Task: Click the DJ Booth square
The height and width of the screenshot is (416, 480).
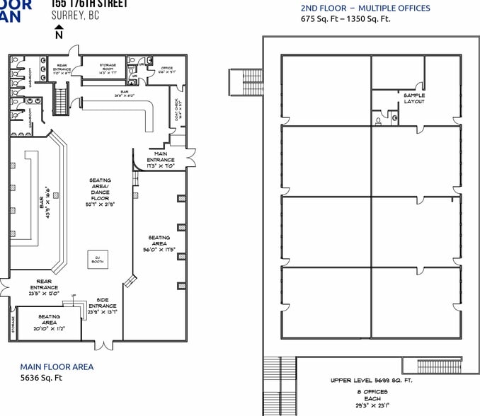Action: pyautogui.click(x=98, y=259)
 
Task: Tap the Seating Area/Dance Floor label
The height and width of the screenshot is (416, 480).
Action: pyautogui.click(x=100, y=192)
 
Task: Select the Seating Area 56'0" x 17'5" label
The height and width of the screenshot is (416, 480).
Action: pyautogui.click(x=159, y=243)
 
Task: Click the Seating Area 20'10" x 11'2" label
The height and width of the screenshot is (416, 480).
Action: pyautogui.click(x=49, y=322)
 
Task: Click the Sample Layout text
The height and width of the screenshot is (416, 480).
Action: pyautogui.click(x=414, y=98)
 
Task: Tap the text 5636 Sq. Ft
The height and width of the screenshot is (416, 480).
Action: pyautogui.click(x=41, y=378)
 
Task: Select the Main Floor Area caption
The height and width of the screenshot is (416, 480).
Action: pyautogui.click(x=57, y=366)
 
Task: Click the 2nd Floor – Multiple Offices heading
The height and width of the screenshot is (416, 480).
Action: pyautogui.click(x=365, y=8)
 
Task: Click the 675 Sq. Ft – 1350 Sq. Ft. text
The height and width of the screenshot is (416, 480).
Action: pyautogui.click(x=345, y=19)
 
